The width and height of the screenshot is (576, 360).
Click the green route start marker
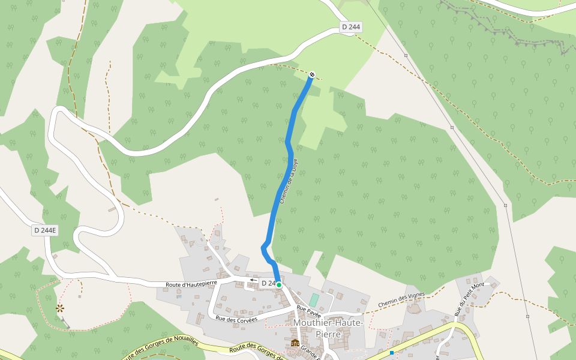tap(279, 285)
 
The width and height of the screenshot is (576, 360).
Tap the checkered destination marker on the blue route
tap(311, 74)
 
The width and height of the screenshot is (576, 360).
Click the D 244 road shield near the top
tap(352, 27)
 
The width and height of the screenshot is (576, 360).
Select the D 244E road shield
tap(45, 230)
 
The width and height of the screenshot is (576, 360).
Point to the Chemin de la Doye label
tap(289, 185)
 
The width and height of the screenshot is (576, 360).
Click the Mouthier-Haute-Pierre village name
tap(328, 328)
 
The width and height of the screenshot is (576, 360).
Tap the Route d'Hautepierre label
tap(191, 283)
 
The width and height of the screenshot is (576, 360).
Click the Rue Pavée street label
tap(309, 311)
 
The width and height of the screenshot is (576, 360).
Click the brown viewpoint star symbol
tap(59, 308)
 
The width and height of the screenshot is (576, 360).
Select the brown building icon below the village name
tap(295, 343)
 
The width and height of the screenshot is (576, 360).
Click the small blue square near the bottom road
tap(392, 353)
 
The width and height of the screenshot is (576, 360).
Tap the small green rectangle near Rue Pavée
tap(314, 299)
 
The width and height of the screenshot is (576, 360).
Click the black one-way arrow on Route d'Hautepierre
tap(253, 280)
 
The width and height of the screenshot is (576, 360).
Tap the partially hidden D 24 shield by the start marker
tap(268, 283)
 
